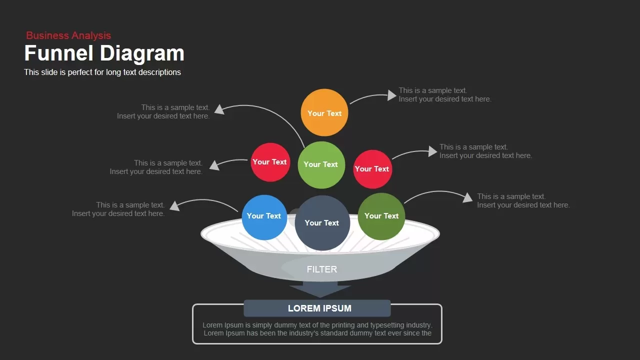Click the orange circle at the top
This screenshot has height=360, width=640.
click(x=324, y=113)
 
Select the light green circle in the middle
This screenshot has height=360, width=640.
click(x=321, y=164)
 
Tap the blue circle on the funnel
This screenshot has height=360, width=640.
click(x=264, y=216)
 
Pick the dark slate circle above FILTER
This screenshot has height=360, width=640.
click(x=322, y=223)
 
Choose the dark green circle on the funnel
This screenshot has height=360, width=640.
click(x=381, y=216)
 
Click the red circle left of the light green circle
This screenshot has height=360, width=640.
click(x=270, y=162)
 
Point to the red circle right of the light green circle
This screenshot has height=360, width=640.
click(x=372, y=169)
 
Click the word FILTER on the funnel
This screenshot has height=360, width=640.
click(x=322, y=269)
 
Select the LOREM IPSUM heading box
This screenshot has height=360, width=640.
click(x=317, y=308)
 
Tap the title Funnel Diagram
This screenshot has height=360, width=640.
click(x=104, y=53)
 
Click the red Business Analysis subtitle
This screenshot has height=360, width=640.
click(x=68, y=35)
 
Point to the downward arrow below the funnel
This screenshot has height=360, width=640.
click(x=320, y=289)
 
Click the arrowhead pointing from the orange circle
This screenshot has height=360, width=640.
click(x=392, y=95)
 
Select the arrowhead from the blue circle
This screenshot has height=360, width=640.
click(x=174, y=205)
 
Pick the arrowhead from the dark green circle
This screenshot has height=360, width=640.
click(x=467, y=198)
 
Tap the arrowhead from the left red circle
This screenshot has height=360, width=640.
click(x=214, y=165)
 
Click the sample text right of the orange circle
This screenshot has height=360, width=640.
click(x=444, y=95)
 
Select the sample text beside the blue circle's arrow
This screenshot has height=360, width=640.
click(x=118, y=209)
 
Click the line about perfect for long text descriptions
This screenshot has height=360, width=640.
click(x=102, y=72)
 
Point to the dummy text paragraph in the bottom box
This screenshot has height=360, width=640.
click(x=317, y=329)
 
